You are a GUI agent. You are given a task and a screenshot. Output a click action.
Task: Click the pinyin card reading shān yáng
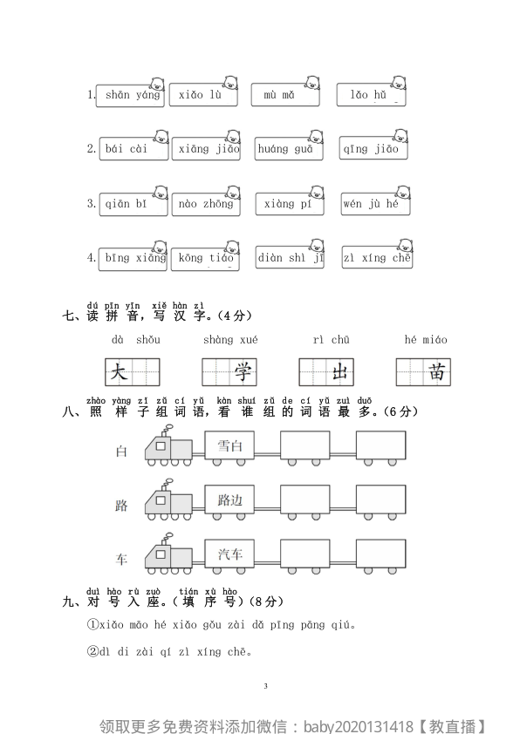(132, 95)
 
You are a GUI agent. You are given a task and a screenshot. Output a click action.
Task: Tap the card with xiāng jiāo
(207, 149)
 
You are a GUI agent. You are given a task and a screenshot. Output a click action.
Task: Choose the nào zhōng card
(206, 204)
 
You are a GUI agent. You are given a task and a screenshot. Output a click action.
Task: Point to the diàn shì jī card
(290, 258)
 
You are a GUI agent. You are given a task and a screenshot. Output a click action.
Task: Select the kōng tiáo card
(206, 258)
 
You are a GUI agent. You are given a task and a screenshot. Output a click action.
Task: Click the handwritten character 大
(120, 373)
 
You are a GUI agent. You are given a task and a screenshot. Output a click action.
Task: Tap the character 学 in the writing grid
(243, 373)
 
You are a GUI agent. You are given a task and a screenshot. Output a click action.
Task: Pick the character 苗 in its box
(437, 373)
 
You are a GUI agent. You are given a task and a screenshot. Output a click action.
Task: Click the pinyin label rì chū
(331, 340)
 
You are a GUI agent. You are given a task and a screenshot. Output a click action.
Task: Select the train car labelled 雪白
(230, 447)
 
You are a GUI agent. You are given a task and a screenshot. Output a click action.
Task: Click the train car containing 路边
(230, 500)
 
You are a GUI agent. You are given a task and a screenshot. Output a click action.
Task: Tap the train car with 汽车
(230, 554)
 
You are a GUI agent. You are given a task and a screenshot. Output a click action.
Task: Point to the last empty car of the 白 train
(380, 447)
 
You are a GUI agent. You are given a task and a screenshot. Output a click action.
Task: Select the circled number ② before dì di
(92, 651)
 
